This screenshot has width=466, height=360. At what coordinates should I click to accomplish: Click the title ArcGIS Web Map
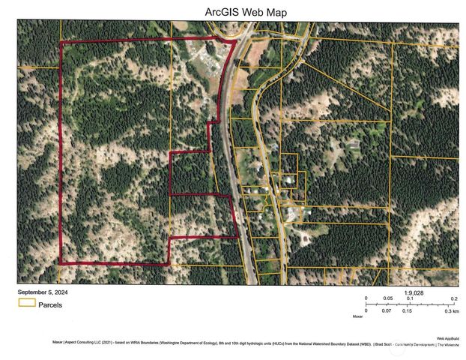pyautogui.click(x=235, y=12)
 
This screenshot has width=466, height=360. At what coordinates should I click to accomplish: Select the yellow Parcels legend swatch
pyautogui.click(x=28, y=304)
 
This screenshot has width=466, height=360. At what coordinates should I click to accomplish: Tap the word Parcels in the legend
pyautogui.click(x=53, y=304)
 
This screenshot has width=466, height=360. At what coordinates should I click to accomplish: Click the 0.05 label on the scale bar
pyautogui.click(x=388, y=298)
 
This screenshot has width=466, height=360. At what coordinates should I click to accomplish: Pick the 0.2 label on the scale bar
pyautogui.click(x=454, y=298)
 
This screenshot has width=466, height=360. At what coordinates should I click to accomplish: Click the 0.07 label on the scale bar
pyautogui.click(x=387, y=310)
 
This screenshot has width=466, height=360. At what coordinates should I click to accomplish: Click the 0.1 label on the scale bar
pyautogui.click(x=409, y=298)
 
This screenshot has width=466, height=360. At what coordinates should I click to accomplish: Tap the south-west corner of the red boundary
pyautogui.click(x=61, y=262)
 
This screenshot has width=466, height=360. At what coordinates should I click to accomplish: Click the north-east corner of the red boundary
pyautogui.click(x=235, y=41)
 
